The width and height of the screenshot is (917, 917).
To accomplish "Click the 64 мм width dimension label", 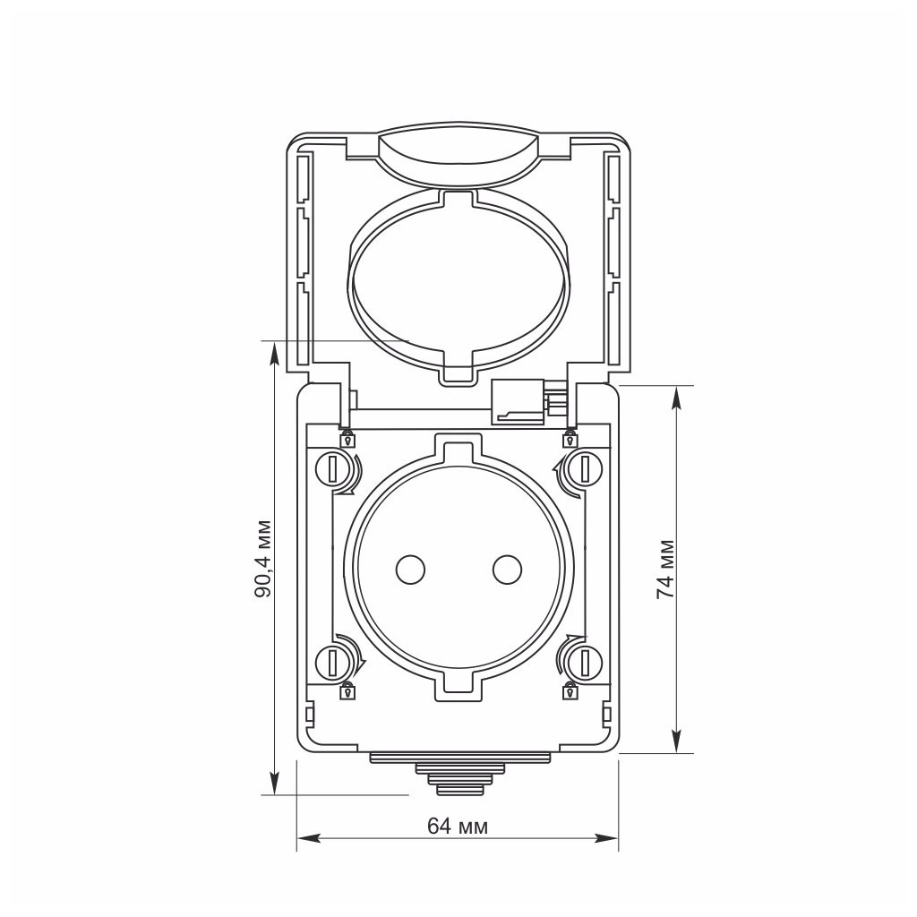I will point(458,826).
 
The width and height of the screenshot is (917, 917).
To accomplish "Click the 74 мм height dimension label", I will point(664,569).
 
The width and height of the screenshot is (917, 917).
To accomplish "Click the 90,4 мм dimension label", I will point(261,557).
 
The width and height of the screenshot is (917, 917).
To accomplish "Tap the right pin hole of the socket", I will point(507,569).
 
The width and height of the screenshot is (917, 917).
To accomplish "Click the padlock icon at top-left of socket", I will point(347,439).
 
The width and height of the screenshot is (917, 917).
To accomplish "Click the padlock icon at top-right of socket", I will point(569,439).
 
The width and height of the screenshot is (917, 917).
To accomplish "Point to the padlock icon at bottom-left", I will point(347,690).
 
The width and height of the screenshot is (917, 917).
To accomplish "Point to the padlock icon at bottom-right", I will point(569,690).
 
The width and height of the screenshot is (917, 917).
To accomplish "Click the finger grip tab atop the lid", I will point(458,154).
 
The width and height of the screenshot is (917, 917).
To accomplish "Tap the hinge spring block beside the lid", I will point(519,400).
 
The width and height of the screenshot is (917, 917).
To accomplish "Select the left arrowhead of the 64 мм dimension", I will point(303,839).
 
